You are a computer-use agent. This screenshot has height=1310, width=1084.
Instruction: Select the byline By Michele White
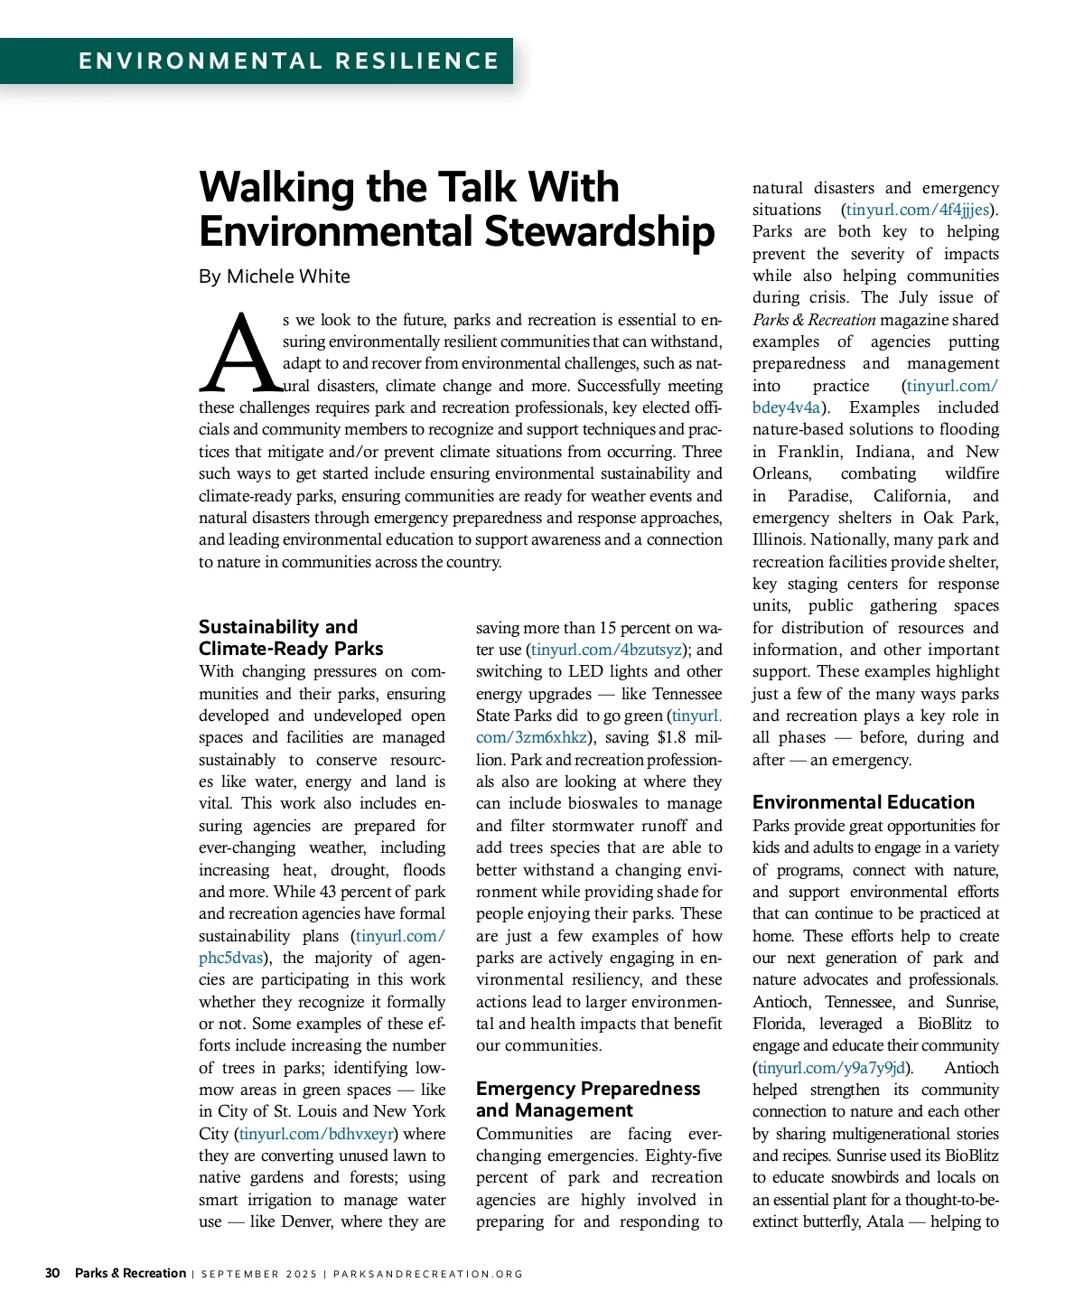click(275, 276)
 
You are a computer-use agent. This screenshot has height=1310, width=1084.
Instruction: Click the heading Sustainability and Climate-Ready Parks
click(291, 638)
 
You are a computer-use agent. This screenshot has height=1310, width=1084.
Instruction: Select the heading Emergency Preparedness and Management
click(588, 1099)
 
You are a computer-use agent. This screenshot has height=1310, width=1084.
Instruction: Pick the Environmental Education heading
click(863, 802)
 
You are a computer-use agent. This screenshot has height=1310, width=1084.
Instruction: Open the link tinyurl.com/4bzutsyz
click(606, 650)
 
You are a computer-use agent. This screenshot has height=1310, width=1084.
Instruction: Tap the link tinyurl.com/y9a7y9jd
click(831, 1068)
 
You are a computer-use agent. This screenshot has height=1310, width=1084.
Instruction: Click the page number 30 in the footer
click(52, 1274)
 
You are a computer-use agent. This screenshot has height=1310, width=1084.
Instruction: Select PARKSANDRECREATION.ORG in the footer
click(428, 1275)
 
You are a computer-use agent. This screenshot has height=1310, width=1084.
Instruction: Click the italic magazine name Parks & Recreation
click(814, 320)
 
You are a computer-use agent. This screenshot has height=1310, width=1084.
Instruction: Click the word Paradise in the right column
click(823, 496)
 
